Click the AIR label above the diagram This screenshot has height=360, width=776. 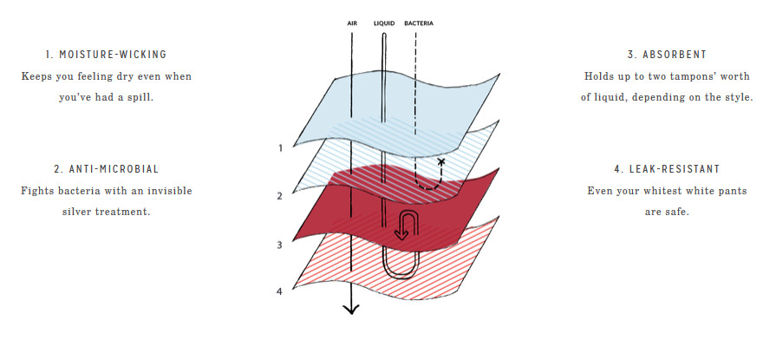[352, 23]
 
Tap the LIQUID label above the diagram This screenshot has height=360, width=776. [384, 23]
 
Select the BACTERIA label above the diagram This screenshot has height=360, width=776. [419, 23]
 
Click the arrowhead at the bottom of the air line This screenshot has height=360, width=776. [351, 310]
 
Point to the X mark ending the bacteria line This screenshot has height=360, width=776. [441, 161]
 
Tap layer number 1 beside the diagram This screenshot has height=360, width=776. [281, 148]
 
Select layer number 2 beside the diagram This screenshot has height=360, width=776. [279, 197]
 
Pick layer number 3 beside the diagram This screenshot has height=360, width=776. [279, 245]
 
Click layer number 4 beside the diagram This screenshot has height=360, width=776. [279, 291]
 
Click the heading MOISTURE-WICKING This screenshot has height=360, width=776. [113, 55]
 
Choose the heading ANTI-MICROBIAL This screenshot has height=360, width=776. [114, 169]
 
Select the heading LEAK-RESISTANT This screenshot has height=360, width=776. [675, 169]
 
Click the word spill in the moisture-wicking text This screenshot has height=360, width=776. [140, 97]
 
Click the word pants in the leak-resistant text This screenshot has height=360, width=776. [733, 191]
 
